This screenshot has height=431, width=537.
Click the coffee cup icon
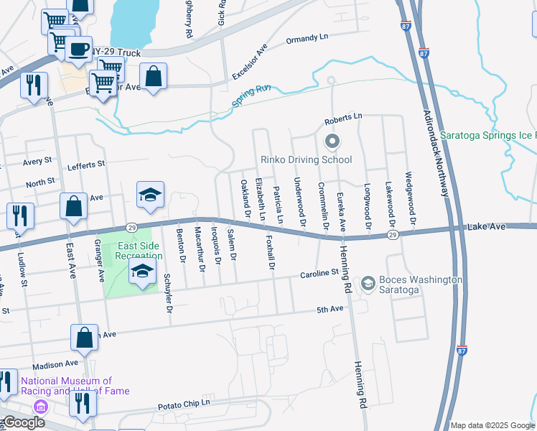(78, 49)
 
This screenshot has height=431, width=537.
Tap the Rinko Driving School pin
(331, 142)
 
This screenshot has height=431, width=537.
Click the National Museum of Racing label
(75, 386)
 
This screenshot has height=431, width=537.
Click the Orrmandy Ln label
(307, 40)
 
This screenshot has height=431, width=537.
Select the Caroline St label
(319, 273)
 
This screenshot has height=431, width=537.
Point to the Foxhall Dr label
(271, 251)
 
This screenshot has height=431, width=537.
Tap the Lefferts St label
(86, 165)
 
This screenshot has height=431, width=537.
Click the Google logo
(23, 422)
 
